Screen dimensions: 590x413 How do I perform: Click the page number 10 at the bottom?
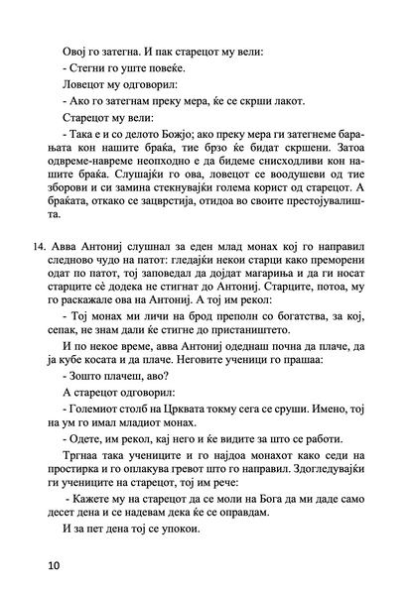coord(50,566)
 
